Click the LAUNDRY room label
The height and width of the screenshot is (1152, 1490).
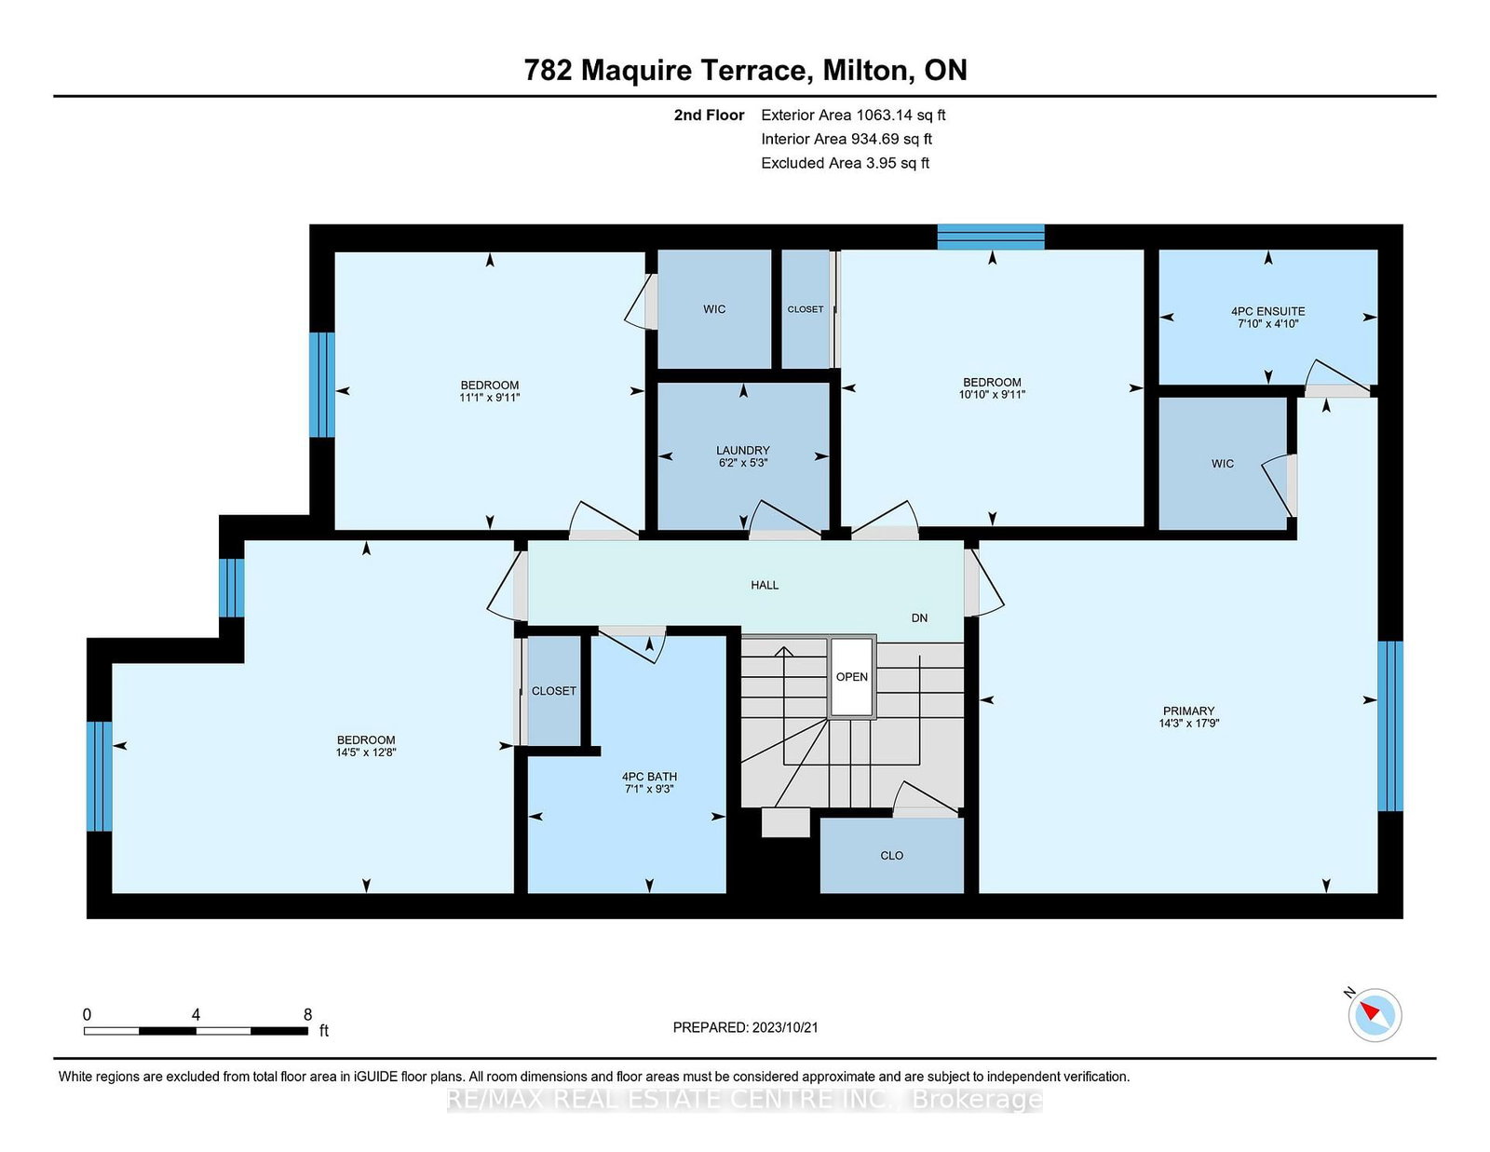(742, 451)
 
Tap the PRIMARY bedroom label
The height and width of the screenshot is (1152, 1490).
(1188, 712)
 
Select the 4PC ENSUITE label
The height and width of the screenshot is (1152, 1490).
(1267, 311)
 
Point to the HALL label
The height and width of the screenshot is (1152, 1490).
(765, 585)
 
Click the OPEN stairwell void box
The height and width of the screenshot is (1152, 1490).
(851, 677)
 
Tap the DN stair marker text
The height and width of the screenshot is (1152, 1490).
(919, 617)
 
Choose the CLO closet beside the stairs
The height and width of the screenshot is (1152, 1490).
(892, 856)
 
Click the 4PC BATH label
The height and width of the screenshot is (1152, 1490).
(649, 777)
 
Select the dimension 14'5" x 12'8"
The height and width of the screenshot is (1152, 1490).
(365, 752)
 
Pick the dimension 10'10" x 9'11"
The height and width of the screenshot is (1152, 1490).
(992, 394)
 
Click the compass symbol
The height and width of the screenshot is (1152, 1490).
(1375, 1015)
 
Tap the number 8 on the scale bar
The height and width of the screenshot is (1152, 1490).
(308, 1015)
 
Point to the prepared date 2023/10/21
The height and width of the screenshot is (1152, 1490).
(785, 1027)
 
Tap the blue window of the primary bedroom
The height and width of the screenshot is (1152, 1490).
(1390, 726)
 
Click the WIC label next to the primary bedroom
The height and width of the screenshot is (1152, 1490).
(1223, 464)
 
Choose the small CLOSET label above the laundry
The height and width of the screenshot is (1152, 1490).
(805, 309)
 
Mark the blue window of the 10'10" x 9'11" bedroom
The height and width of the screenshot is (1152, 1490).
(991, 237)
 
